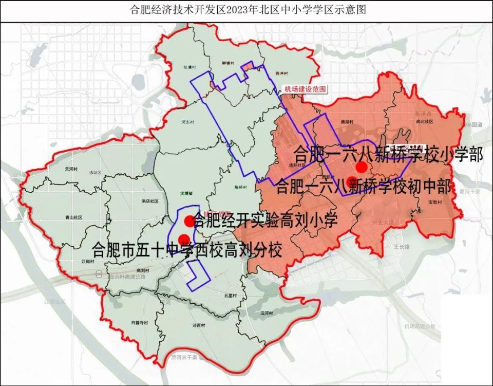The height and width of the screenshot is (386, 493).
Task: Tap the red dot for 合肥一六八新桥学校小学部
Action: click(362, 167)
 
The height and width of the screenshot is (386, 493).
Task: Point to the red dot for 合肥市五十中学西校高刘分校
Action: click(183, 238)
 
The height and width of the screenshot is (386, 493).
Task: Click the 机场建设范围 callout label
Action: click(305, 89)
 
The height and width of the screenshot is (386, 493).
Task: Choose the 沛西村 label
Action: click(198, 325)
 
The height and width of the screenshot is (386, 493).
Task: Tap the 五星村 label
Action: click(230, 296)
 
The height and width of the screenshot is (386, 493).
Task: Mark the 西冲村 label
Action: click(280, 74)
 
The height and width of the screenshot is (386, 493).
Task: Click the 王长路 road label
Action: click(402, 247)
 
